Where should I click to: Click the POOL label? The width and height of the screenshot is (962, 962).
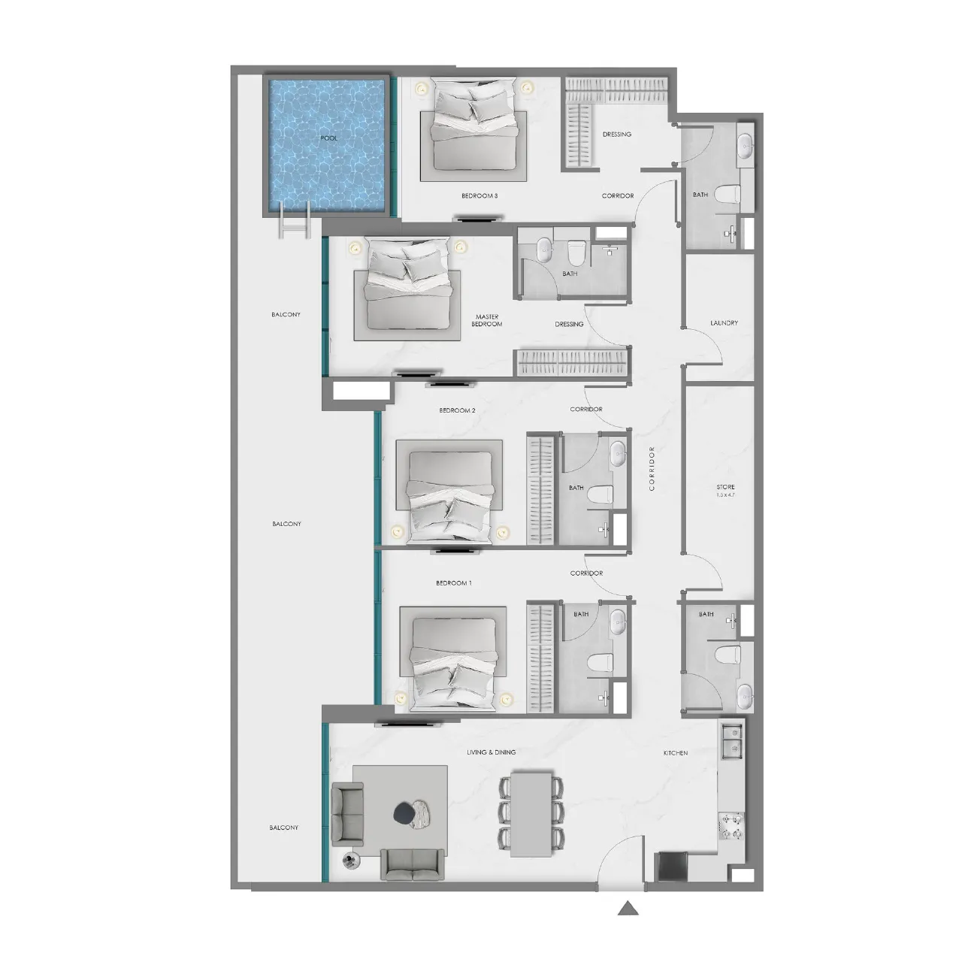click(328, 138)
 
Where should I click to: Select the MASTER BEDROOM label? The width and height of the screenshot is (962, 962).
click(487, 320)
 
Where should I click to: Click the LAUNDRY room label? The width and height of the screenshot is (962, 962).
click(724, 323)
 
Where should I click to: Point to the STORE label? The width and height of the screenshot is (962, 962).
click(725, 487)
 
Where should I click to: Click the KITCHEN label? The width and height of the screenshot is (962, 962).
click(676, 753)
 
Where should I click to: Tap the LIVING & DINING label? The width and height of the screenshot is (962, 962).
click(492, 752)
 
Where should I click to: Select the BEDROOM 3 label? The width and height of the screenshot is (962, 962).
click(479, 195)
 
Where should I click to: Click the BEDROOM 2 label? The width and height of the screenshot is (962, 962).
click(457, 410)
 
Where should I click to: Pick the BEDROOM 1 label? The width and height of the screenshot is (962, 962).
click(454, 582)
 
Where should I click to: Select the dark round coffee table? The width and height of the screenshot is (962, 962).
click(404, 813)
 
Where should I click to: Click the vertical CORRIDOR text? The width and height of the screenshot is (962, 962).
click(652, 468)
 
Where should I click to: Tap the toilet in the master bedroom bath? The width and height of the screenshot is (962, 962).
click(576, 253)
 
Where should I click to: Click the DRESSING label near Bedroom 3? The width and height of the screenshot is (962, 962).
click(616, 135)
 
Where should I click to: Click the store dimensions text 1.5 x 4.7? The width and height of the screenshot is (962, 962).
click(725, 495)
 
